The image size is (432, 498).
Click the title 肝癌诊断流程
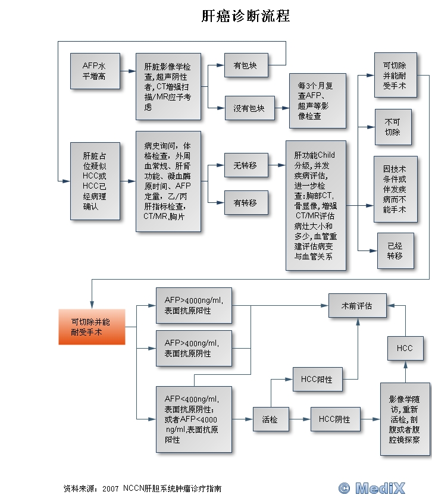pos(246,16)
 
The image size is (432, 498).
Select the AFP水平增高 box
pos(94,71)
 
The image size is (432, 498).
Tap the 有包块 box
pos(245,65)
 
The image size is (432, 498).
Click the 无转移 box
pos(245,165)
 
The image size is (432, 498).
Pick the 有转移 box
pos(245,202)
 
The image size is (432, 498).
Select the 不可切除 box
pos(392,127)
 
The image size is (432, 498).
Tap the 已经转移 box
pos(395,250)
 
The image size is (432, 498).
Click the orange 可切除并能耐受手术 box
pos(92,327)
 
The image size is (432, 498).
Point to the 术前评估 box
pos(357,306)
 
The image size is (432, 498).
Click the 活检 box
pos(270,419)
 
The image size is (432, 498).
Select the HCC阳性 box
pos(317,380)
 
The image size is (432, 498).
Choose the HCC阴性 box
pos(334,419)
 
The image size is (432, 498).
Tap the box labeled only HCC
pos(405,348)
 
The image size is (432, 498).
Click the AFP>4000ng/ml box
pos(193,305)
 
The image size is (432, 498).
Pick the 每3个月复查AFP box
pos(317,101)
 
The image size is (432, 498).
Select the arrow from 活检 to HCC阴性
pos(299,419)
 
